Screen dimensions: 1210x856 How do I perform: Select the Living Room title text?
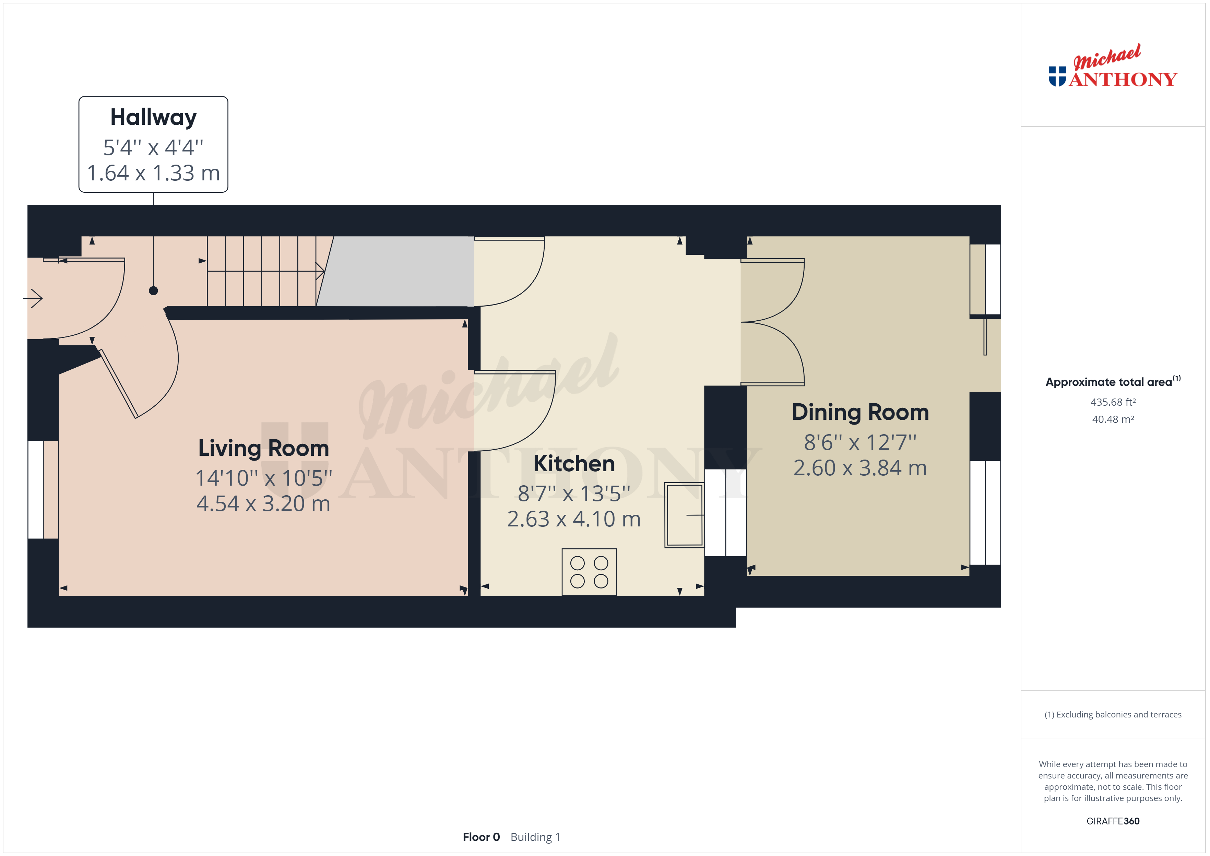pos(263,448)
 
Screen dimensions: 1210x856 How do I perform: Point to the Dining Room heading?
pos(860,413)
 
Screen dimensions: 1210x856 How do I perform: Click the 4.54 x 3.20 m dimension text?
pos(263,504)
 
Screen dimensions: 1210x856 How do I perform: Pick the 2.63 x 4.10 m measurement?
pos(574,519)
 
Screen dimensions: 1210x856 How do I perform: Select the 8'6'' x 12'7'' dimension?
pos(860,442)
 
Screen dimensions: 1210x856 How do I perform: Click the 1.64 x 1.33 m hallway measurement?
pos(153,173)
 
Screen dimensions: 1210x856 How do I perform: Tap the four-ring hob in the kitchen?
pos(589,572)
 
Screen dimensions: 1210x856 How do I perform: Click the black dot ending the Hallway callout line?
pos(153,290)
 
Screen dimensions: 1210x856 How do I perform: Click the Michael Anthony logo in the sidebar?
pos(1113,67)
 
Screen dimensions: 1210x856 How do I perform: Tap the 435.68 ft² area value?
pos(1113,402)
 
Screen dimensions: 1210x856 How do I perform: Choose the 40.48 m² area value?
pos(1113,419)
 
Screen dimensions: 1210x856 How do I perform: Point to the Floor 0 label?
pos(481,837)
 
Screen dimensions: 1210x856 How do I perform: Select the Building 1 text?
pos(535,837)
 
